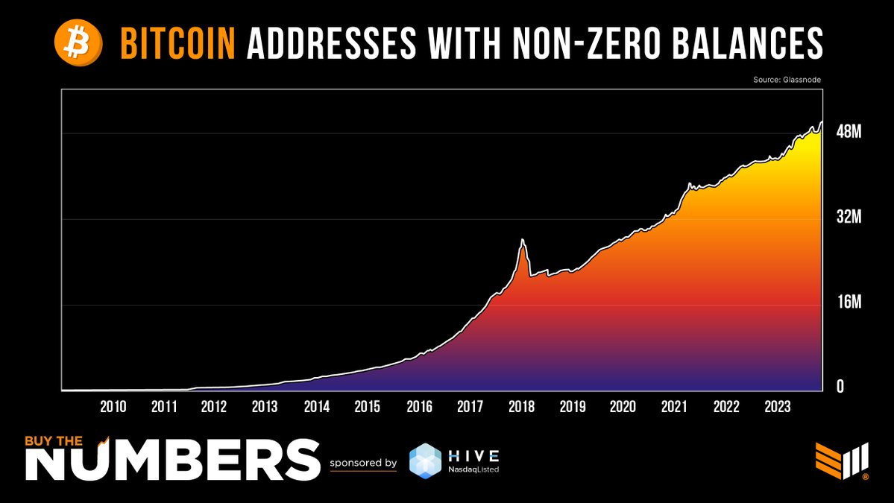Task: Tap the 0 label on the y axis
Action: [840, 387]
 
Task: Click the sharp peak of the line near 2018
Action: [523, 239]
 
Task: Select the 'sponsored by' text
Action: [363, 463]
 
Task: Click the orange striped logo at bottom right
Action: [839, 461]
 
